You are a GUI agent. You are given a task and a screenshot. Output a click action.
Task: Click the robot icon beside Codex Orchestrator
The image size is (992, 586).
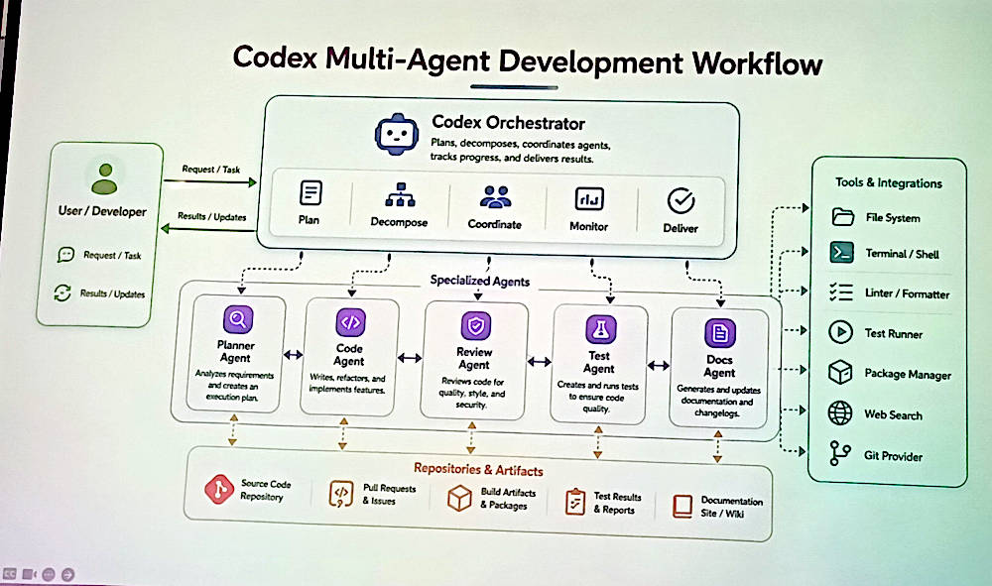[397, 134]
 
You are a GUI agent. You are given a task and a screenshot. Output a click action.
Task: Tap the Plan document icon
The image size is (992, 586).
[310, 192]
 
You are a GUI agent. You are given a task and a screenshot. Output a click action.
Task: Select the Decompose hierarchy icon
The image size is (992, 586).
[400, 194]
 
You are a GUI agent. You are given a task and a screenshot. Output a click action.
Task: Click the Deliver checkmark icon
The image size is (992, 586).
[681, 201]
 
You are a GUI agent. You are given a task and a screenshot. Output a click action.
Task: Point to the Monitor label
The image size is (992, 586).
[588, 226]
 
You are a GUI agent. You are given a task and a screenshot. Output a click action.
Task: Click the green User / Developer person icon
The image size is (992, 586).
[104, 178]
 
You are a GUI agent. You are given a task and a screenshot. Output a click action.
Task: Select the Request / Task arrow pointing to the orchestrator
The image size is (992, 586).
[210, 182]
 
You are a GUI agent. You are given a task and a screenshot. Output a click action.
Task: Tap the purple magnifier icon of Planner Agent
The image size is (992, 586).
[238, 319]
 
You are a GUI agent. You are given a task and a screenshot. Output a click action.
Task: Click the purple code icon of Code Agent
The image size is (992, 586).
[350, 322]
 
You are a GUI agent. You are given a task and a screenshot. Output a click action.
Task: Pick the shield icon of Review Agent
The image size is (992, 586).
[476, 326]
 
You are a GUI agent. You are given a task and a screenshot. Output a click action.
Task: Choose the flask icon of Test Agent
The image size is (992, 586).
[600, 329]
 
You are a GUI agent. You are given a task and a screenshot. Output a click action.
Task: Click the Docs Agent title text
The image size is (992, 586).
[719, 366]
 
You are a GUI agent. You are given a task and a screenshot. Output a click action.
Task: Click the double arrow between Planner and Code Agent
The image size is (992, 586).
[293, 355]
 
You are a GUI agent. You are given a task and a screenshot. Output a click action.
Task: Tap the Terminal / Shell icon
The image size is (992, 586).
[841, 253]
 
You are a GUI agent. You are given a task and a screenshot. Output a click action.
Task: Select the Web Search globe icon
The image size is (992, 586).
[840, 412]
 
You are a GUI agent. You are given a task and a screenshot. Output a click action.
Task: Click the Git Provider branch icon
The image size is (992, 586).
[839, 453]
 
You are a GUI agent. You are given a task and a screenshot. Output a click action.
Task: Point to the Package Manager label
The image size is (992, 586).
[908, 374]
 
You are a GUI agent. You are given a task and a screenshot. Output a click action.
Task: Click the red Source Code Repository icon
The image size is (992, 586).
[219, 489]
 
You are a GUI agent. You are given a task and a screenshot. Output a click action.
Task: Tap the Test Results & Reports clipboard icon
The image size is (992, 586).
[574, 502]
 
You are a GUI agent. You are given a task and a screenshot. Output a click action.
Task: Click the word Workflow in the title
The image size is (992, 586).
[757, 62]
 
